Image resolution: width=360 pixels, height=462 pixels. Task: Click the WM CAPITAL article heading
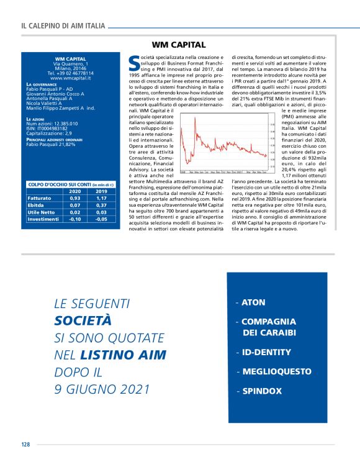tap(179, 45)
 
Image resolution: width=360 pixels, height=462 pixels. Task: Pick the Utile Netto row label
tap(42, 212)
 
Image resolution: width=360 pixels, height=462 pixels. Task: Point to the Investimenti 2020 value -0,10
tap(74, 219)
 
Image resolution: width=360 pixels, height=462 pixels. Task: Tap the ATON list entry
tap(253, 302)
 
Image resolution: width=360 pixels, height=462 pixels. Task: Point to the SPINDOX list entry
tap(261, 391)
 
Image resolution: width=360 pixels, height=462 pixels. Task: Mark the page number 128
tap(25, 444)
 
